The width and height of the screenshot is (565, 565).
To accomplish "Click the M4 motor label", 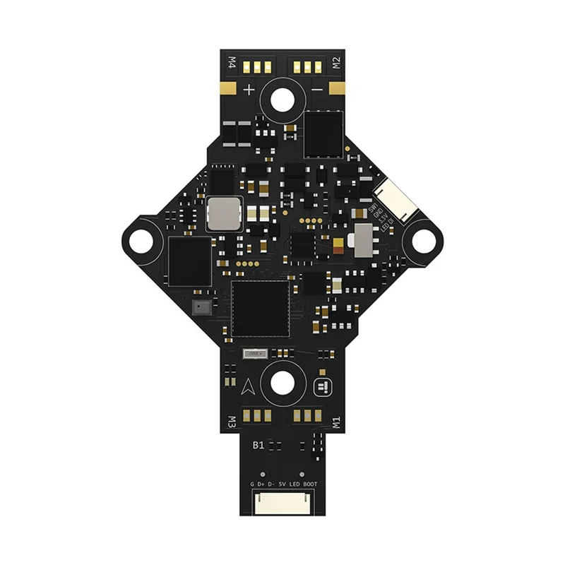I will [230, 64].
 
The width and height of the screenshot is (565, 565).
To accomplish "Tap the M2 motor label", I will [336, 64].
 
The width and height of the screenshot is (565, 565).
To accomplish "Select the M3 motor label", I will [230, 422].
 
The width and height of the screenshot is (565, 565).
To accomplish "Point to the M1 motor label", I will [336, 422].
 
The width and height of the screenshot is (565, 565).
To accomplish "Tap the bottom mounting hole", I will [282, 382].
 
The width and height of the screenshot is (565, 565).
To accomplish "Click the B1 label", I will [258, 446].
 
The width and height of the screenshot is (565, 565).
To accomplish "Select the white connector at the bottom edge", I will [282, 501].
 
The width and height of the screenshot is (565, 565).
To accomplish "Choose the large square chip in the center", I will [261, 309].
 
